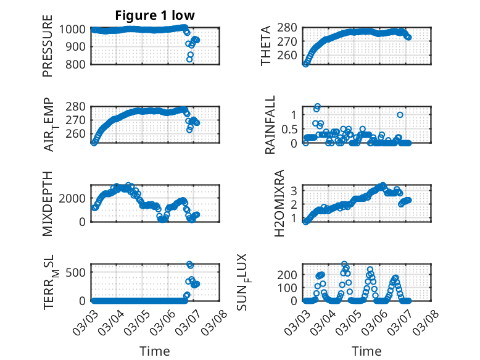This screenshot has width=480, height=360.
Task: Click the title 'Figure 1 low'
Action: (155, 15)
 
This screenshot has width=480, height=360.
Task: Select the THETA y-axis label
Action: (266, 46)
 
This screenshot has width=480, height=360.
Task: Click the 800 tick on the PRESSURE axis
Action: (78, 64)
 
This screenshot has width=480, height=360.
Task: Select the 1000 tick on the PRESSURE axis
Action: (75, 29)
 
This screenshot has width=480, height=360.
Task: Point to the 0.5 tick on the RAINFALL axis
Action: (289, 129)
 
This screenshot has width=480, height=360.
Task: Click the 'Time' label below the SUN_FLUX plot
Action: (366, 351)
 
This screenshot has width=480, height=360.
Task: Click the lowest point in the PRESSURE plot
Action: (190, 59)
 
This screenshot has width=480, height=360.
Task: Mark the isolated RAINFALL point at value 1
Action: (400, 115)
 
